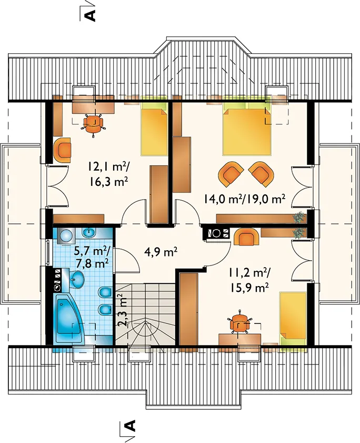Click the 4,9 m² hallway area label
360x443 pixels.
(162, 251)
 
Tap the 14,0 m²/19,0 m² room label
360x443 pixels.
(243, 199)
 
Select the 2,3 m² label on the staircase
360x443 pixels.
(121, 310)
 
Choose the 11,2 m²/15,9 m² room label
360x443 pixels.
(249, 281)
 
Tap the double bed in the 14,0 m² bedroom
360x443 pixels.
(247, 129)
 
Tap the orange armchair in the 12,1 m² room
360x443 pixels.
(62, 150)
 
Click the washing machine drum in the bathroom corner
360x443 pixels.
(66, 235)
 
